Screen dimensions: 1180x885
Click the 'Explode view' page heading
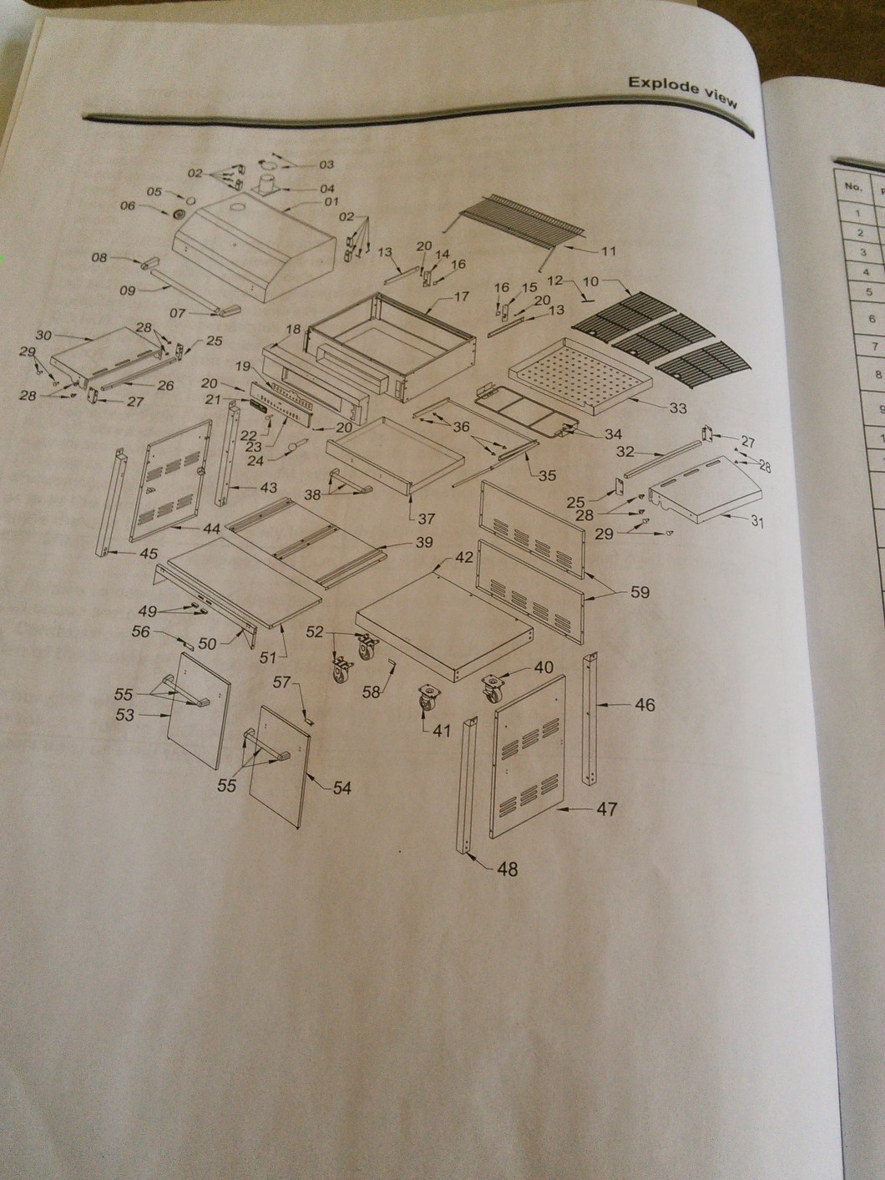(x=682, y=91)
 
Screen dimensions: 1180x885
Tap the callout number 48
(x=507, y=869)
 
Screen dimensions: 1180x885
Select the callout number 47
(x=606, y=809)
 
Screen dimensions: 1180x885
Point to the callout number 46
(x=645, y=705)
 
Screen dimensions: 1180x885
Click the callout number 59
(x=640, y=592)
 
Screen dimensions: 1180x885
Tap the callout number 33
(x=677, y=408)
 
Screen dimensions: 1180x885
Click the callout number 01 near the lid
(x=331, y=201)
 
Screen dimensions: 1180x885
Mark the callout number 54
(x=342, y=788)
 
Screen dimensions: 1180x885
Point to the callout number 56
(x=142, y=631)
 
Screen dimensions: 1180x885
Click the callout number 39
(x=423, y=542)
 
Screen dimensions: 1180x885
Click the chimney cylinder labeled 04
(x=267, y=184)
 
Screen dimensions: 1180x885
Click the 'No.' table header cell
(x=852, y=186)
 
